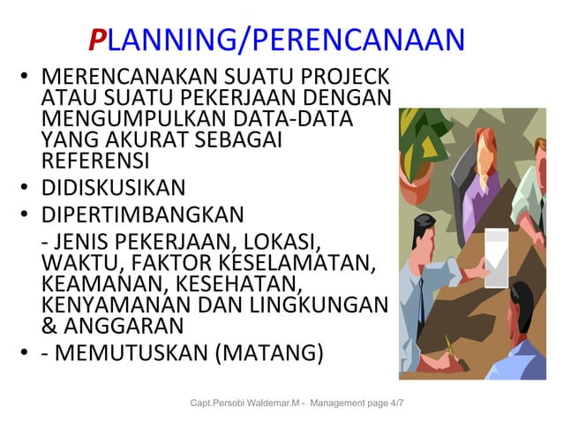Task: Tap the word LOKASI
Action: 285,242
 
